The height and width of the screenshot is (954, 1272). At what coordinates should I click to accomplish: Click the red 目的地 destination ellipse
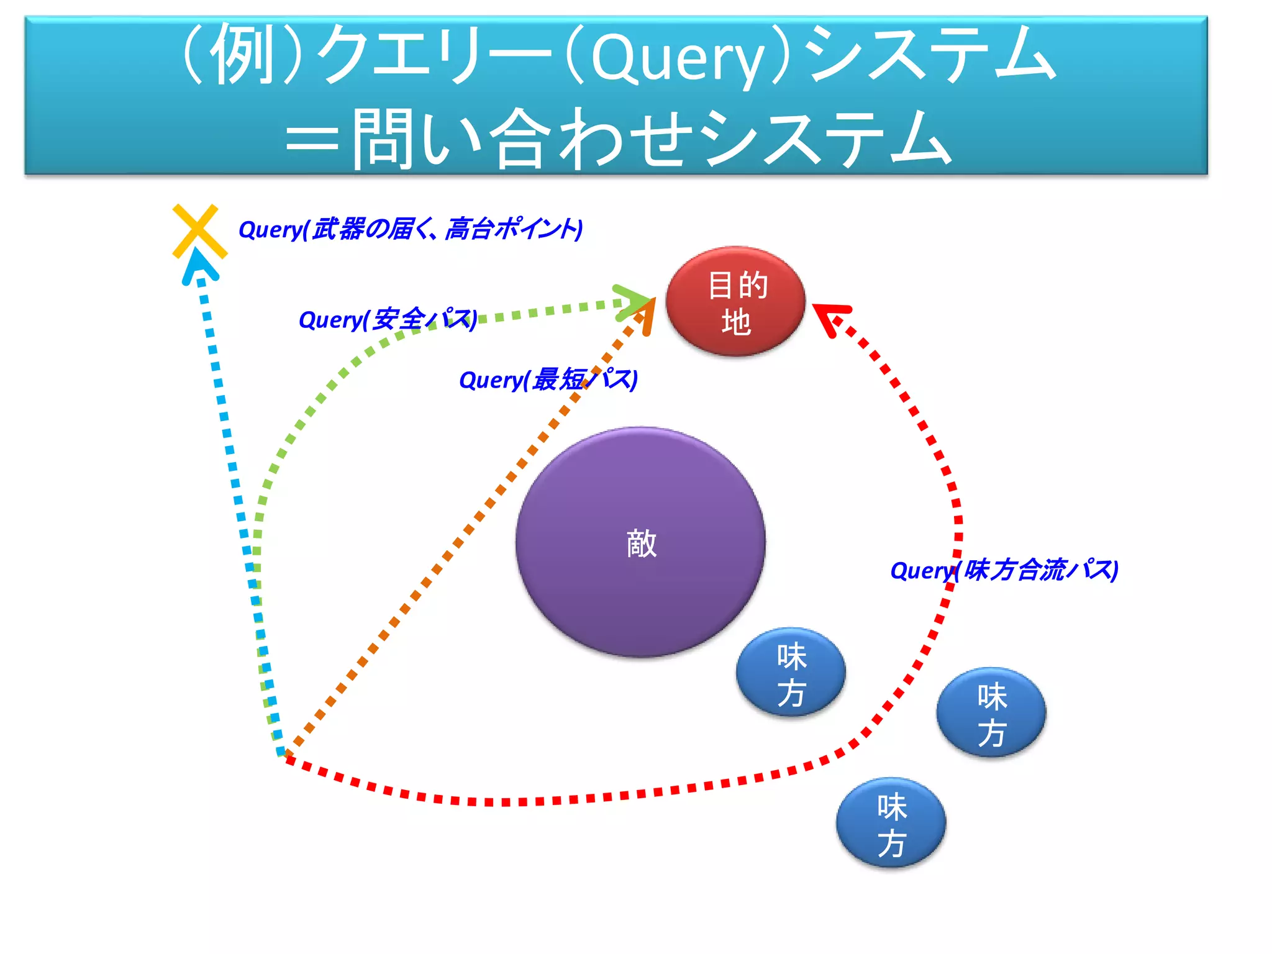tap(735, 302)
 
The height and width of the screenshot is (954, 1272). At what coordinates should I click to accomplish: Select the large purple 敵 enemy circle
tap(640, 542)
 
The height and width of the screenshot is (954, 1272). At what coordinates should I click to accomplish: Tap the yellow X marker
tap(199, 230)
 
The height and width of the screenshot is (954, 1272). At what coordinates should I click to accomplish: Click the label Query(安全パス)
tap(388, 320)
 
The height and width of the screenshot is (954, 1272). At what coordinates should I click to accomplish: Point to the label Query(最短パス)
tap(548, 379)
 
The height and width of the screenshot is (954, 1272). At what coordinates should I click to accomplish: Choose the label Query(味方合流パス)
tap(1004, 570)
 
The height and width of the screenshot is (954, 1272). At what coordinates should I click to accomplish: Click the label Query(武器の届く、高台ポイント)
tap(411, 229)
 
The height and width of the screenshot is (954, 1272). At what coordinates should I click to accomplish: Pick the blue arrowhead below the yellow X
tap(199, 266)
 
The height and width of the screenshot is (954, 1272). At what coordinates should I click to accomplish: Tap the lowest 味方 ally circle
tap(891, 824)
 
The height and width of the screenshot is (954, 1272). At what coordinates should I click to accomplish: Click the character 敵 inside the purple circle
tap(641, 543)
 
